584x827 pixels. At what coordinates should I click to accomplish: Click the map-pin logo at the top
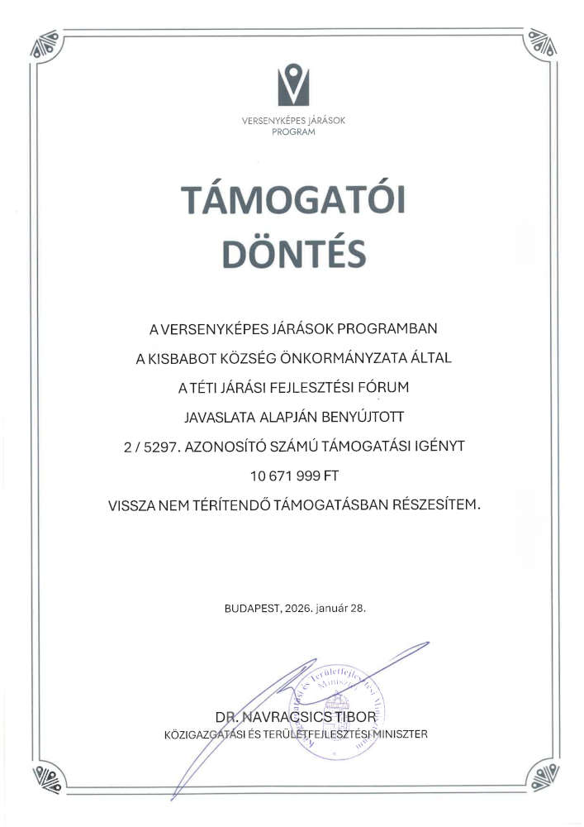tap(292, 85)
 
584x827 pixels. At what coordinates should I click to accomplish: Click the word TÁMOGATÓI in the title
tap(292, 201)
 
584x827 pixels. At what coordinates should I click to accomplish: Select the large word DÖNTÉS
tap(292, 254)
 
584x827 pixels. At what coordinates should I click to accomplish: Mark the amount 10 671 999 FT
tap(292, 476)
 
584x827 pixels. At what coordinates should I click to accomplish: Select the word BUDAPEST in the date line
tap(252, 608)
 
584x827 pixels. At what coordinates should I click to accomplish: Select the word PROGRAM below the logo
tap(293, 131)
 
